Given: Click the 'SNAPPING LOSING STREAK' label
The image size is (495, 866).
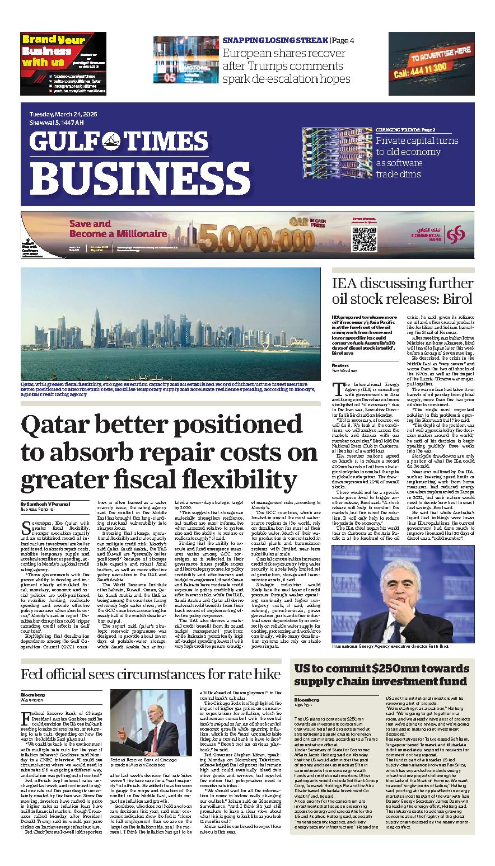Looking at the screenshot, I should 275,40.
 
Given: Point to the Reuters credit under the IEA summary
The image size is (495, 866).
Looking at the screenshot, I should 340,364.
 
